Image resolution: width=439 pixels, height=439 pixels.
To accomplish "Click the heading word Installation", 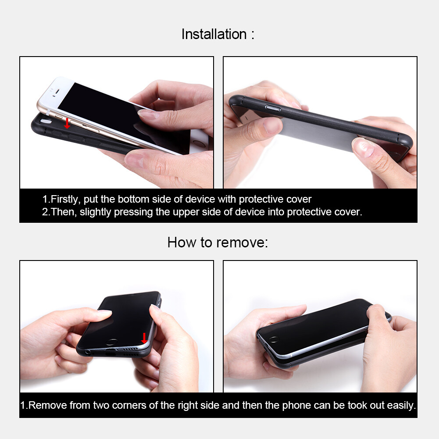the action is click(x=214, y=35).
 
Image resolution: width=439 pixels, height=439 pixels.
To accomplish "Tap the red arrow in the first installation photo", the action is click(x=67, y=123).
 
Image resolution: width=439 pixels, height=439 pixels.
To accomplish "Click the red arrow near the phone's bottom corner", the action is click(x=144, y=338).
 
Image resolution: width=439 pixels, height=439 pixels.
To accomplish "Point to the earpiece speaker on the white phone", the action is click(x=57, y=91).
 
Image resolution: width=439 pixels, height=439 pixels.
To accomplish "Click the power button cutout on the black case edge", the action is click(x=272, y=108).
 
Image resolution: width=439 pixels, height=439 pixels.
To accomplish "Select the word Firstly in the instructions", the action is click(x=65, y=200).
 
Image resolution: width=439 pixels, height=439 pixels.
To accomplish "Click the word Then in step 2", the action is click(x=64, y=212).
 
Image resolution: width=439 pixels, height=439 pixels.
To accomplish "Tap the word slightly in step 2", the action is click(x=96, y=212).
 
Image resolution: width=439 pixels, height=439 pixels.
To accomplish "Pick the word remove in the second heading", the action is click(x=242, y=243).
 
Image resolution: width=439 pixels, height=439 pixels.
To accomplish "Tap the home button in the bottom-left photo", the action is click(x=112, y=342).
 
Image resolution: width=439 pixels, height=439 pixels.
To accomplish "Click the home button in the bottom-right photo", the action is click(x=273, y=339).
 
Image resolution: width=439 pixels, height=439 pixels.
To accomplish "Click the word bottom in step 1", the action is click(x=133, y=199).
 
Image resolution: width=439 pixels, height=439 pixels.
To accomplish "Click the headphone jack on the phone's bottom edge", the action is click(x=88, y=352).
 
